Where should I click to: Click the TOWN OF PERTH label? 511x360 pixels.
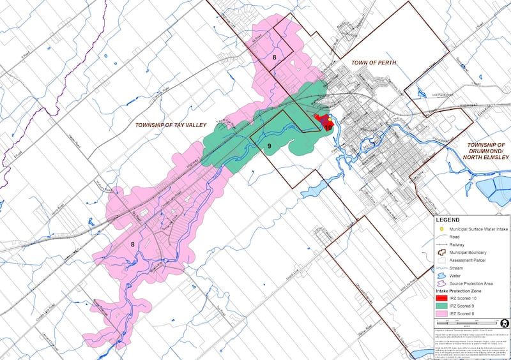click(x=374, y=63)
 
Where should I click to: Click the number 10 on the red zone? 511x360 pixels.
click(x=328, y=127)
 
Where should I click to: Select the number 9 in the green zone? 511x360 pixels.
click(x=270, y=146)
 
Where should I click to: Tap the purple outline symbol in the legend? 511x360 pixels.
click(x=440, y=283)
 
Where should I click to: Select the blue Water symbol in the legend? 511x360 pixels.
click(x=440, y=276)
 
